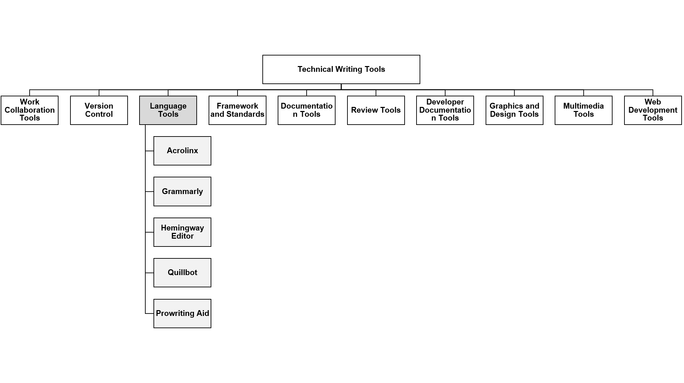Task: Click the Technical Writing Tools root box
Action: coord(341,69)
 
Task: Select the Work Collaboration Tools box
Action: coord(30,110)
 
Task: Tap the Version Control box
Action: coord(99,110)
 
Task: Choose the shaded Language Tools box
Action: coord(168,110)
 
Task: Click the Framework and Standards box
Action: coord(238,110)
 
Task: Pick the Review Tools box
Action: coord(376,110)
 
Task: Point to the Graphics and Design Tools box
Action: coord(515,110)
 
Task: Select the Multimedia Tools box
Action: coord(584,110)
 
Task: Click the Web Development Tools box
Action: coord(653,110)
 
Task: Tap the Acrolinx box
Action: coord(182,151)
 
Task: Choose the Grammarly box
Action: coord(182,191)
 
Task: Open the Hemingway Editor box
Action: coord(182,232)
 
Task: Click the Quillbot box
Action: coord(182,273)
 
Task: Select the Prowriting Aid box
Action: coord(182,314)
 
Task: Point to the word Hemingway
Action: coord(182,228)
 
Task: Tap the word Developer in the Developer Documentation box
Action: coord(445,102)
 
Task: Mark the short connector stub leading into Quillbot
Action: coord(149,273)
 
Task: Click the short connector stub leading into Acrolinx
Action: coord(149,151)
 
